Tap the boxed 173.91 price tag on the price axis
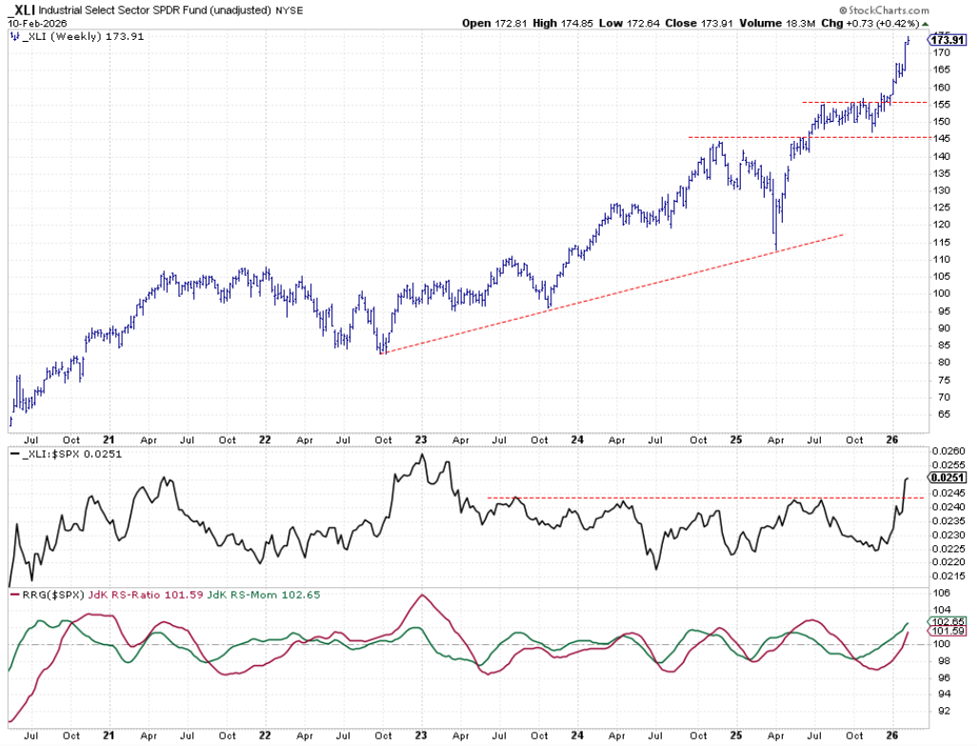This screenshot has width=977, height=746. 944,40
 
